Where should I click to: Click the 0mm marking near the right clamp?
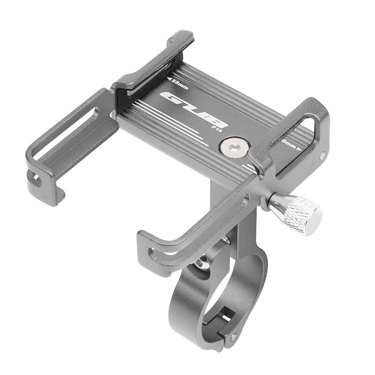click(288, 143)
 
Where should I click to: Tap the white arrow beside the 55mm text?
click(167, 78)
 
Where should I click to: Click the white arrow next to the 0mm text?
click(299, 149)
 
